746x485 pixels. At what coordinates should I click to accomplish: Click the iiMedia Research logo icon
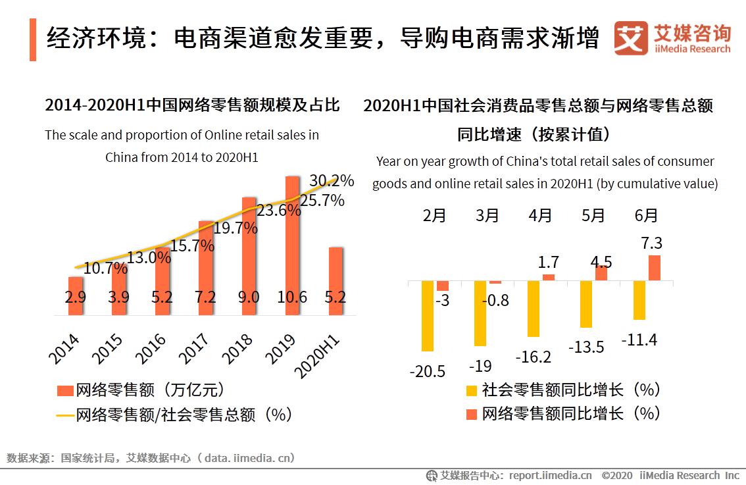pyautogui.click(x=631, y=38)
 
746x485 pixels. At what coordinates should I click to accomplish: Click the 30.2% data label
pyautogui.click(x=332, y=180)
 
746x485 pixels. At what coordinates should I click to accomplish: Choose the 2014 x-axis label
pyautogui.click(x=63, y=349)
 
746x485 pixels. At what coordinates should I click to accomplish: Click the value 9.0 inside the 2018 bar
pyautogui.click(x=249, y=297)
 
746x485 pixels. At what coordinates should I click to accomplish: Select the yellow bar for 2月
pyautogui.click(x=428, y=316)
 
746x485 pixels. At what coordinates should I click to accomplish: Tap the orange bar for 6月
pyautogui.click(x=654, y=268)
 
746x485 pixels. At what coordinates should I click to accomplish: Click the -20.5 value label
pyautogui.click(x=427, y=371)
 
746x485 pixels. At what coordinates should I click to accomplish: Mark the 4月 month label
pyautogui.click(x=540, y=215)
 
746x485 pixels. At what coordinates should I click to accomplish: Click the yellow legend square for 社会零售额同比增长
pyautogui.click(x=471, y=390)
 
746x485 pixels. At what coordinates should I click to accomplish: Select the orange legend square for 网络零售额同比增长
pyautogui.click(x=471, y=414)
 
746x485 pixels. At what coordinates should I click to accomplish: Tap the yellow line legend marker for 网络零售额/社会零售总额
pyautogui.click(x=64, y=415)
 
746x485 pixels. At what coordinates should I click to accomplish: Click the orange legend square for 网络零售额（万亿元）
pyautogui.click(x=64, y=391)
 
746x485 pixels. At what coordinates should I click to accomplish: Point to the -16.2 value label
pyautogui.click(x=533, y=357)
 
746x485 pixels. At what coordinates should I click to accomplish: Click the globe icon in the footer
pyautogui.click(x=432, y=475)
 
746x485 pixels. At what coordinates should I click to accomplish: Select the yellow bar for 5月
pyautogui.click(x=585, y=304)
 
